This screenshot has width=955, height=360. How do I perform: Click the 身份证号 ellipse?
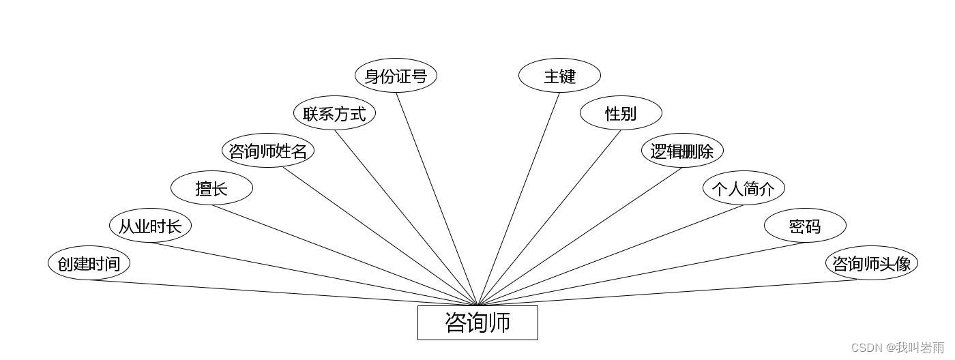pos(396,76)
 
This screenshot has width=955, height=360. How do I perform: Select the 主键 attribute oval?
pos(559,76)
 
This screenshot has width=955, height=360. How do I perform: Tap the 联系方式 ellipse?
pos(334,113)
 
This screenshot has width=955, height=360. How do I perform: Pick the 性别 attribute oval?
pos(621,113)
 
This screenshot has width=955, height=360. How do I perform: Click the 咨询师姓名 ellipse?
pos(268,151)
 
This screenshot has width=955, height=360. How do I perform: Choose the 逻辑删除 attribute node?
pos(682,151)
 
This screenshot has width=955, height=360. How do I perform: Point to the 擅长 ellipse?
pos(211,188)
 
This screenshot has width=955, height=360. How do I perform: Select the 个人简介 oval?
pos(744,188)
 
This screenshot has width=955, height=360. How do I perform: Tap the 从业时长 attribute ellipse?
pos(150,226)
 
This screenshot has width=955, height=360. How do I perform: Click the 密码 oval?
pos(805,226)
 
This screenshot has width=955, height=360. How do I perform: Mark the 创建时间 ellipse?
pos(89,263)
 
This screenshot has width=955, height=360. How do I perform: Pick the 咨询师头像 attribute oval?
pos(872,263)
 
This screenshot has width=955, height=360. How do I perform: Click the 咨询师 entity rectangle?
pos(477,322)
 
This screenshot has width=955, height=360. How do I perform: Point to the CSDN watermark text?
pos(898,348)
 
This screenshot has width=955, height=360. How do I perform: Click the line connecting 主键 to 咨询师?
pos(518,199)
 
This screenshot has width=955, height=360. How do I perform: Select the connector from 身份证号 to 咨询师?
pos(437,198)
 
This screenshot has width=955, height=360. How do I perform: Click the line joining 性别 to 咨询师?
pos(549,217)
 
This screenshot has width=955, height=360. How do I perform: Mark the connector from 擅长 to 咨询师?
pos(344,255)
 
